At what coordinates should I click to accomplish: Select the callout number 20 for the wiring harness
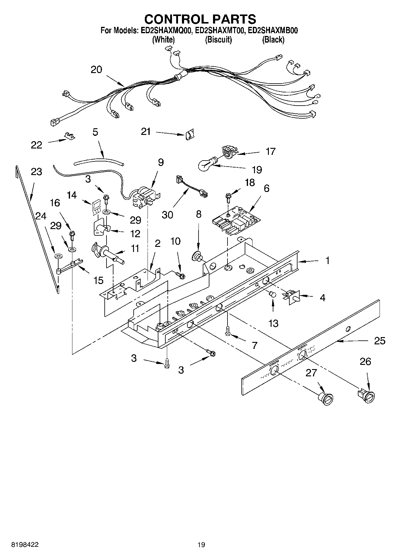coord(97,70)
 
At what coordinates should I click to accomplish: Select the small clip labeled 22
coord(70,136)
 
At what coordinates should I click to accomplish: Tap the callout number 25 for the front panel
coord(380,341)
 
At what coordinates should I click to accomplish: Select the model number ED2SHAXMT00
coord(218,30)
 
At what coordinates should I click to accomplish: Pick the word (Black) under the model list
coord(273,40)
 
